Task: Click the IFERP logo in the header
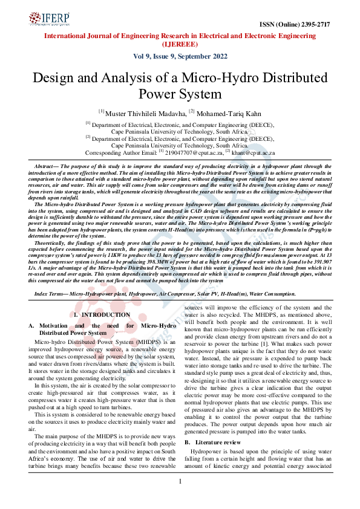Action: [x=48, y=21]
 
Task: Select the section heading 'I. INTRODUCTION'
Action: [x=101, y=315]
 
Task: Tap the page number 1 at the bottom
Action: [x=180, y=498]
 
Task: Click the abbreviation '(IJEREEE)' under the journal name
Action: [x=179, y=44]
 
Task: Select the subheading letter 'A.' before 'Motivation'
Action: [x=34, y=325]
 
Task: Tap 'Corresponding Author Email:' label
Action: [x=121, y=153]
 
